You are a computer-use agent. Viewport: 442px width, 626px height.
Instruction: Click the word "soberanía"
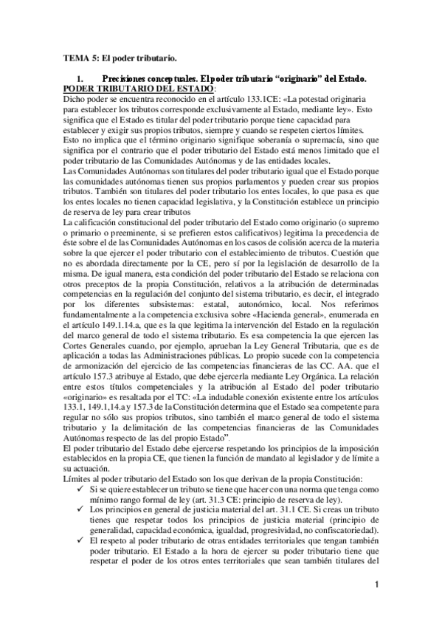[280, 139]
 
